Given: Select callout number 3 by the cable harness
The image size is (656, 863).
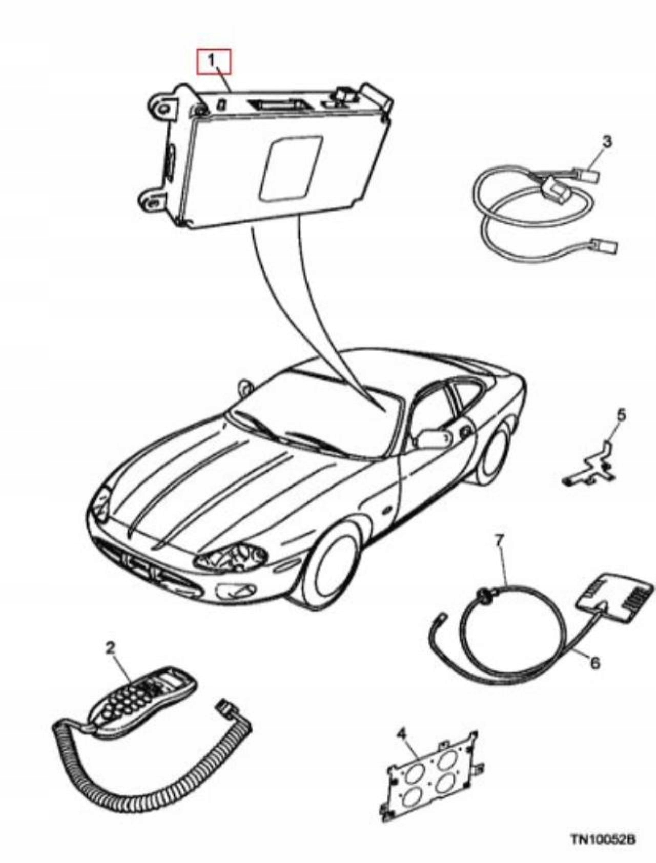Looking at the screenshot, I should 607,142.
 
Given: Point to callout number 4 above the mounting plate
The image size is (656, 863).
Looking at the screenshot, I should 402,734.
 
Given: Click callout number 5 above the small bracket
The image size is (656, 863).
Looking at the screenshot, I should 621,415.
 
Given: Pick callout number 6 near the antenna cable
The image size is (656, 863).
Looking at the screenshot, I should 594,663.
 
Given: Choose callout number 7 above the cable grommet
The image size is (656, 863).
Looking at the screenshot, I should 500,539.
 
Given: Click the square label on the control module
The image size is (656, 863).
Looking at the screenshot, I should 291,168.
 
